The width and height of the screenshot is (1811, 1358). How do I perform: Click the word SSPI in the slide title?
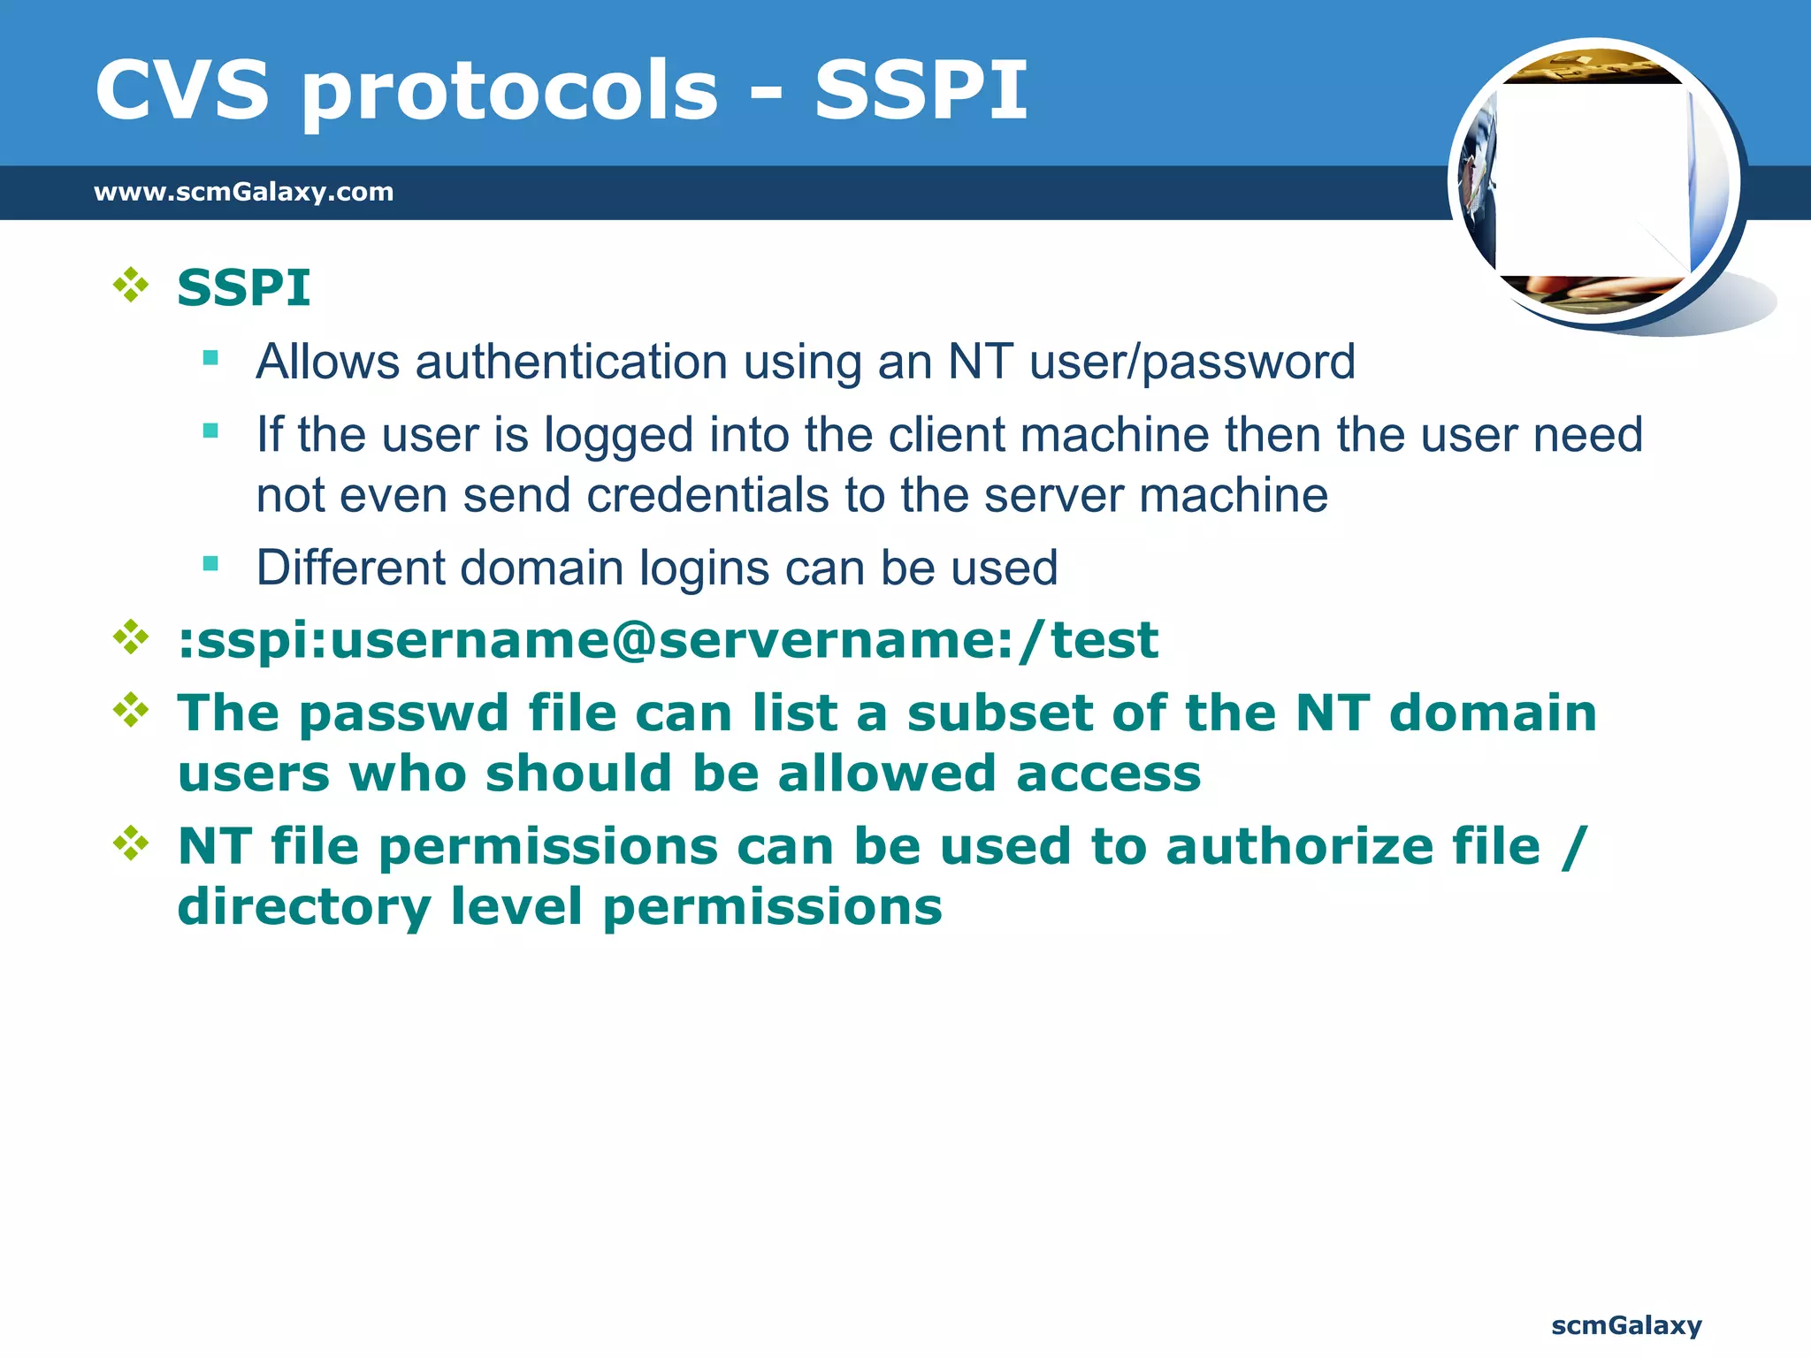[921, 90]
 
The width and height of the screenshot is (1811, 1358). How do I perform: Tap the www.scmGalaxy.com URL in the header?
[243, 192]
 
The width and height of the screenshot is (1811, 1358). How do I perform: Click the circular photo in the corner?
[1595, 181]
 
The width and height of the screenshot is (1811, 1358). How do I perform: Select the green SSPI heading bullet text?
[243, 288]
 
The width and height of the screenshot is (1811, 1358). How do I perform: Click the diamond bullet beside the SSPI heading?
[131, 286]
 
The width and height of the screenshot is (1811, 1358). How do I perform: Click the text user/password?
[1192, 362]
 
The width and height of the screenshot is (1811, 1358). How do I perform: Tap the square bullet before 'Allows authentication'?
[210, 358]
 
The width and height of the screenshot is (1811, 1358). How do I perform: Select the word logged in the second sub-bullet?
[618, 436]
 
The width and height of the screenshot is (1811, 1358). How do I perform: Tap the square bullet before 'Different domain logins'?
[210, 564]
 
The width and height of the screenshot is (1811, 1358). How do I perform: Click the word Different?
[350, 568]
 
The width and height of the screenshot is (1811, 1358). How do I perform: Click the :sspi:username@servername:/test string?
[668, 641]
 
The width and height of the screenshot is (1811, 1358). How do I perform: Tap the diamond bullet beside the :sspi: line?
[131, 637]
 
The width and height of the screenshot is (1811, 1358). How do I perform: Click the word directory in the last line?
[304, 908]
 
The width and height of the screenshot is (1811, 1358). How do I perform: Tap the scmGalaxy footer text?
[1626, 1325]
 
